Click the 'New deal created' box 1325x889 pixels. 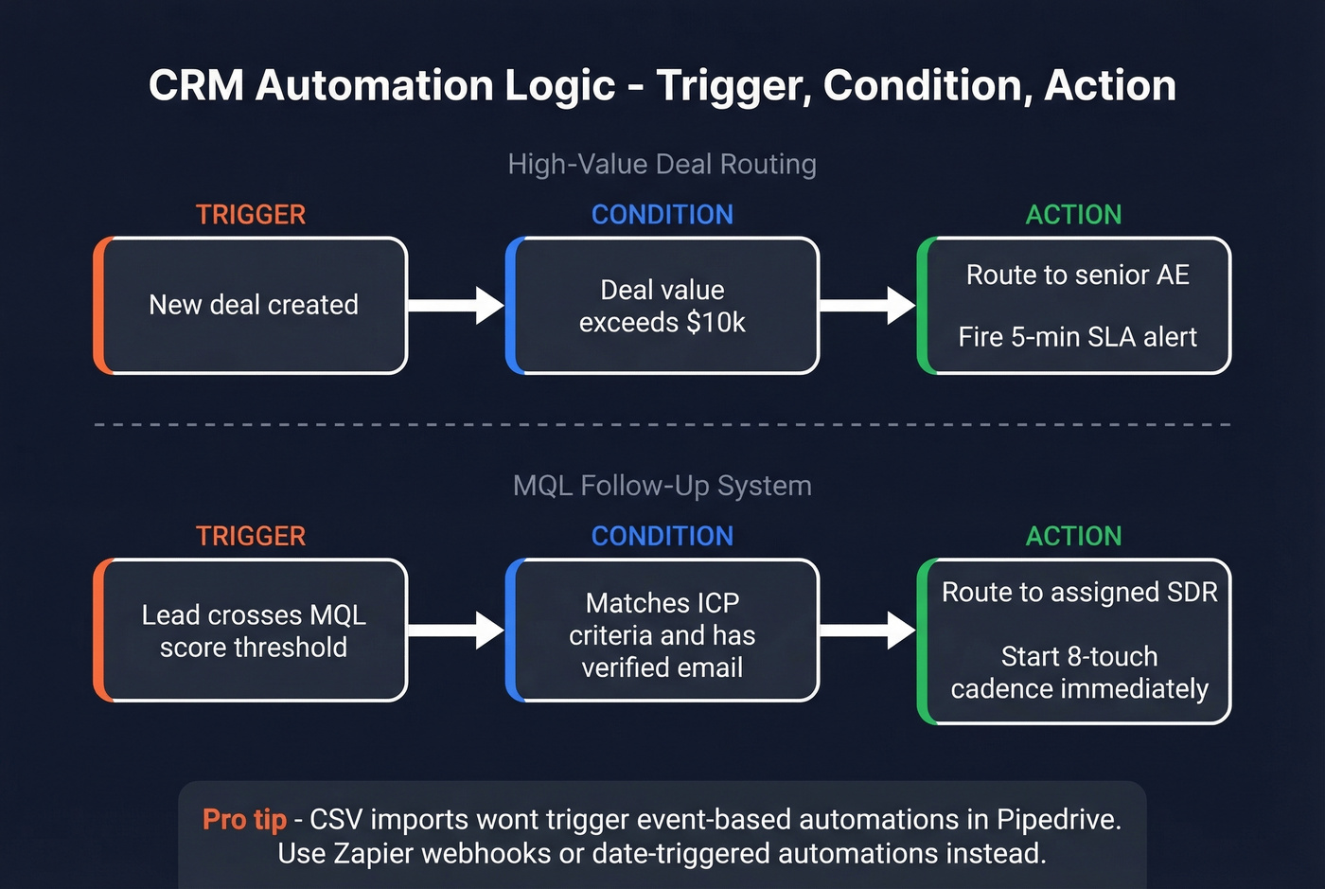click(252, 305)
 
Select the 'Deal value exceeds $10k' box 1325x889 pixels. click(662, 306)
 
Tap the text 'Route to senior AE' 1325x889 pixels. click(1077, 275)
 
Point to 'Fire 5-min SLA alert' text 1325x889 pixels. click(1077, 337)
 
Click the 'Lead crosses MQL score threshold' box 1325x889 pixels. click(252, 631)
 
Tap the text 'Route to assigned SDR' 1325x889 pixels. click(1079, 593)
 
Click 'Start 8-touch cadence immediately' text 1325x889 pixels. click(1079, 672)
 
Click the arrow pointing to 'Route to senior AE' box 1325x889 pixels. click(867, 305)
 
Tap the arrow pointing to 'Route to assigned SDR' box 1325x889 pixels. click(867, 630)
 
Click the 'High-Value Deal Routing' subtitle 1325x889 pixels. click(662, 164)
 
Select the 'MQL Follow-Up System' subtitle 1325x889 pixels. click(662, 486)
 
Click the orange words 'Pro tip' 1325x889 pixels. click(244, 819)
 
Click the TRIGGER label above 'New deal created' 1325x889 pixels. click(251, 215)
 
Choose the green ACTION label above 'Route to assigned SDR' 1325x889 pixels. click(1073, 536)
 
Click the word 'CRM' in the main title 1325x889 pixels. click(196, 85)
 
